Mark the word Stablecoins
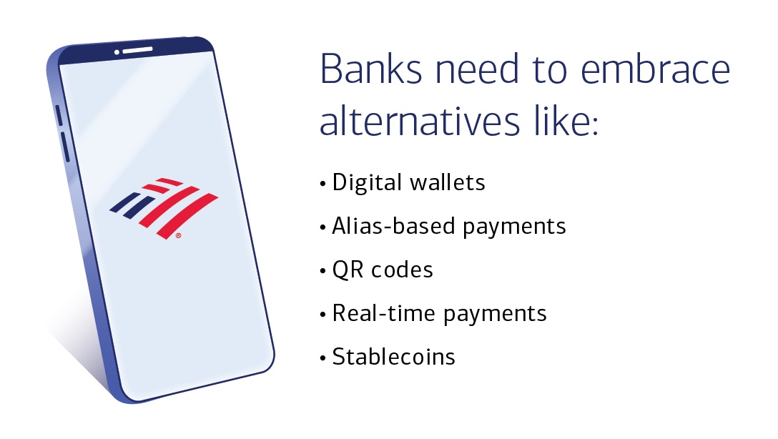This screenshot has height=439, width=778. coord(394,357)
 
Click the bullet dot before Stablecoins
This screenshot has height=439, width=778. coord(322,357)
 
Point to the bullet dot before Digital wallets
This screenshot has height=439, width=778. coord(322,184)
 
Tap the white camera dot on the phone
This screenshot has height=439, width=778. coord(117,51)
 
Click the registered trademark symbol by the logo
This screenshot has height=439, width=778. coord(177,235)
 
